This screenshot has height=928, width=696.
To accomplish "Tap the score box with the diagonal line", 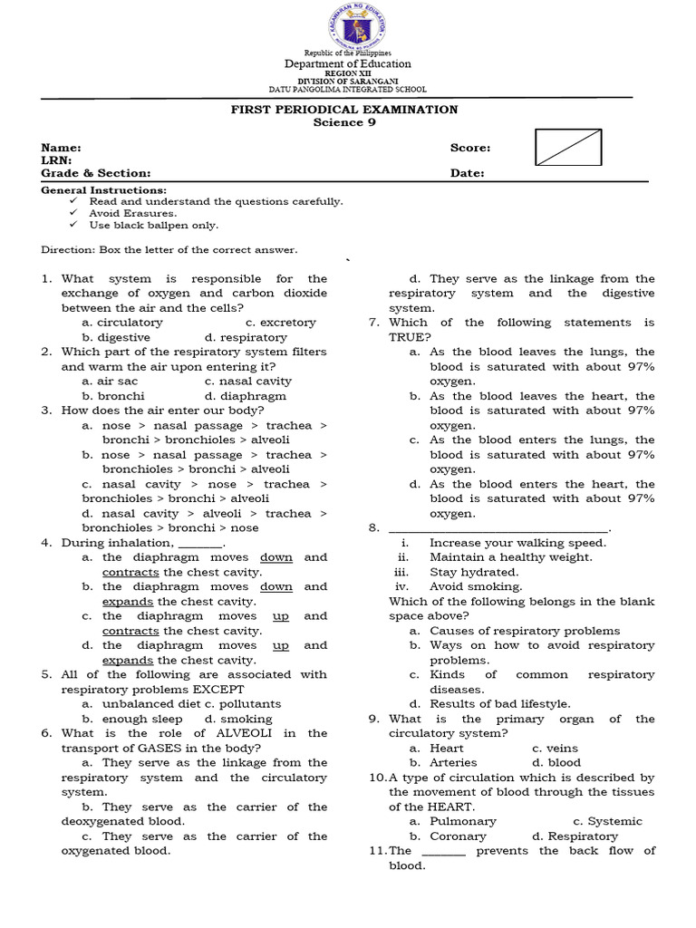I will (568, 147).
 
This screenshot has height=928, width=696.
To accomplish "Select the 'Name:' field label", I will (62, 148).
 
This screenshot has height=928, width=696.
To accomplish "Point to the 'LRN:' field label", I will (56, 160).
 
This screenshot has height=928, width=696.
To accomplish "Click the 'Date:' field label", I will (467, 173).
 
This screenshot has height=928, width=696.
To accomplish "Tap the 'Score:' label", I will (470, 148).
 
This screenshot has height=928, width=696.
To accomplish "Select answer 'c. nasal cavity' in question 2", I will (247, 382).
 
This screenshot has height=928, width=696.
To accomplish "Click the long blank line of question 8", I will (499, 529).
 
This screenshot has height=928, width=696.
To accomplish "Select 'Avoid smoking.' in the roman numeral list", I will (476, 586).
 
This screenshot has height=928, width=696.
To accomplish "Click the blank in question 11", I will (444, 852).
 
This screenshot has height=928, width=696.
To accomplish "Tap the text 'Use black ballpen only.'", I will (153, 225).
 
